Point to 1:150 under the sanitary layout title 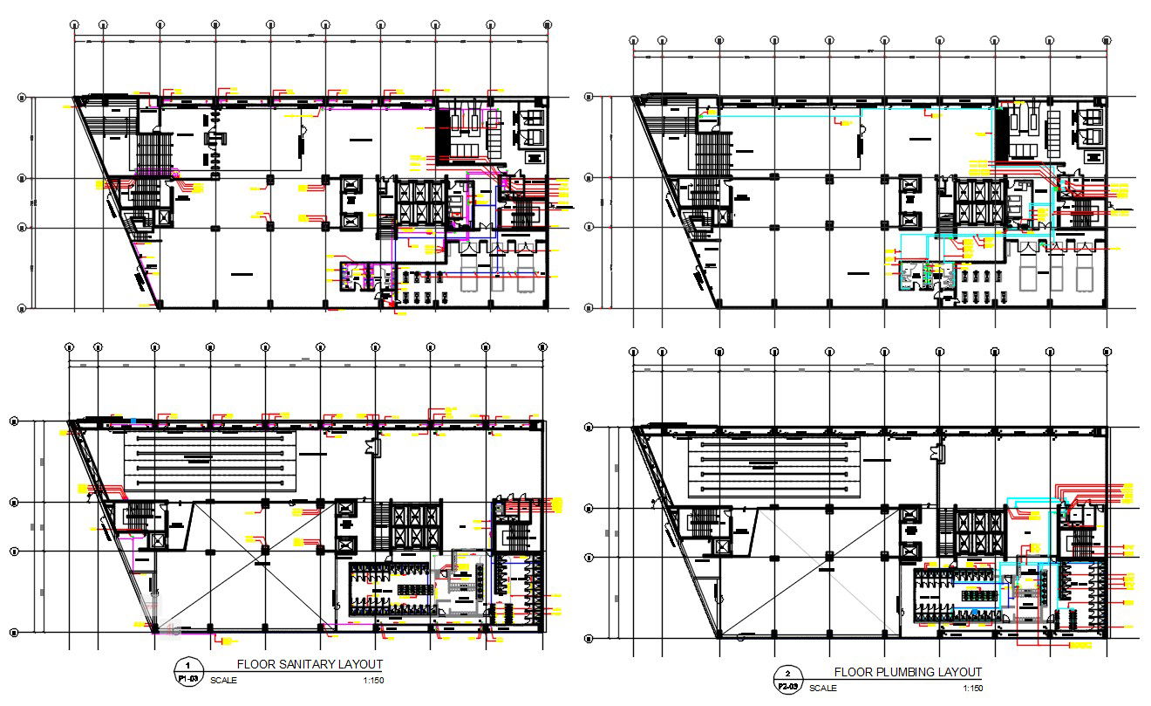[371, 680]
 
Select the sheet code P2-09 [787, 687]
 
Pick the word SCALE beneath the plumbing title [823, 688]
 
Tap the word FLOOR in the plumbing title [851, 672]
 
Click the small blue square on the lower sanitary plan [133, 421]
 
